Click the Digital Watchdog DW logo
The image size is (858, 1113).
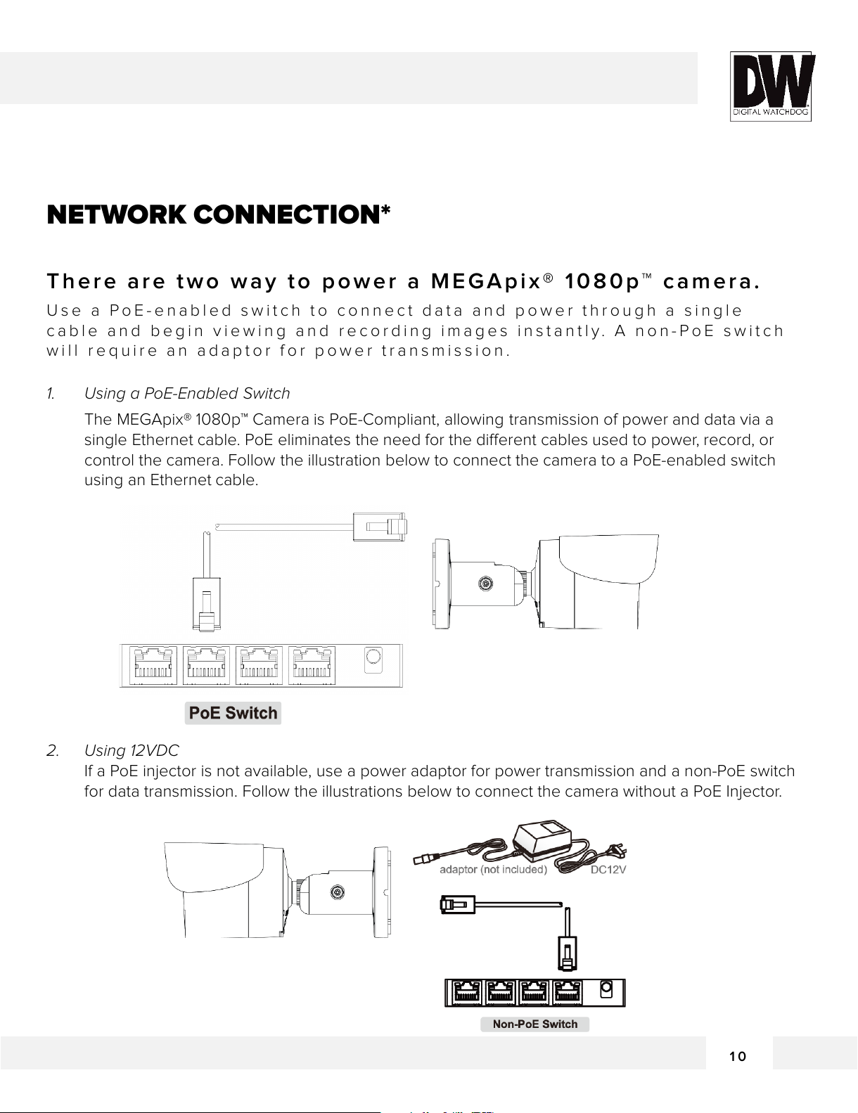[x=771, y=86]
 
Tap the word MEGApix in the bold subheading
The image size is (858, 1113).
[x=485, y=282]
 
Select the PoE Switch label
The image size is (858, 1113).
[x=233, y=713]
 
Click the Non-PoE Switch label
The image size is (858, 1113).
[x=534, y=1024]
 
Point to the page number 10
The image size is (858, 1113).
[x=738, y=1056]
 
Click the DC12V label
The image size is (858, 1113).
[x=608, y=870]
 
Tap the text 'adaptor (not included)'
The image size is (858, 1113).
[x=493, y=870]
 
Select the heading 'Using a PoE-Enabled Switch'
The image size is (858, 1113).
[x=187, y=394]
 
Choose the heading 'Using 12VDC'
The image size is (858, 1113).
[x=132, y=751]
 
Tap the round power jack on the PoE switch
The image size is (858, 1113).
[x=373, y=657]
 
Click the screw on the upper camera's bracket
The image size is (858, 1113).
[x=485, y=584]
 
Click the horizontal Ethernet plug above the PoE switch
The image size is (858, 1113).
[x=380, y=526]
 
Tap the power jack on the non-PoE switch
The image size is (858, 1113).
[x=606, y=990]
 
